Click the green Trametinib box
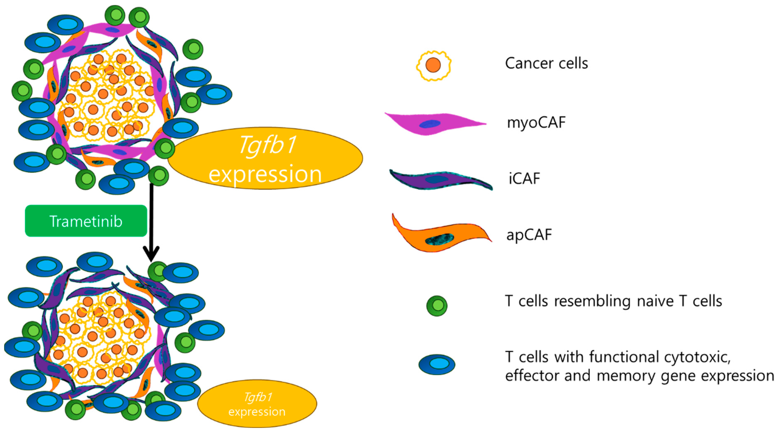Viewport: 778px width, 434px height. [86, 221]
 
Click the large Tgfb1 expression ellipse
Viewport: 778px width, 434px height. [265, 158]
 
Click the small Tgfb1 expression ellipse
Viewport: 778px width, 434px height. [257, 404]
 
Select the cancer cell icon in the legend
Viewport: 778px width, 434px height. [433, 65]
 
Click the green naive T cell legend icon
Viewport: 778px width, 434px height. [437, 306]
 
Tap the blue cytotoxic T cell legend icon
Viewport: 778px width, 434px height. [437, 364]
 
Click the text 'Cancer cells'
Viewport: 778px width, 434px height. [546, 63]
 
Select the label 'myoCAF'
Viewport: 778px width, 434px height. [536, 122]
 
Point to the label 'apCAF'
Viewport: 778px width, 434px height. [529, 235]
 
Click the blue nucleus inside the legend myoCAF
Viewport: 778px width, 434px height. [430, 124]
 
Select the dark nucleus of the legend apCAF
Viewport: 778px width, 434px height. [439, 239]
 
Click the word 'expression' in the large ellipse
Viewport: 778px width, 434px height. [265, 175]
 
